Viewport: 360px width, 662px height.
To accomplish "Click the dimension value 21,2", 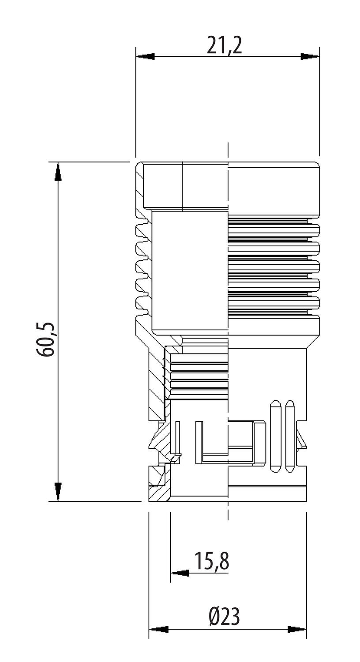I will (x=225, y=45).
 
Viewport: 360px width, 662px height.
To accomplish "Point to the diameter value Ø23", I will (x=225, y=617).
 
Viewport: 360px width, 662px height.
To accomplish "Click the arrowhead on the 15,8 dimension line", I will (x=180, y=573).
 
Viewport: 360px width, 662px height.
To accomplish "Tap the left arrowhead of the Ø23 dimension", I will (x=159, y=629).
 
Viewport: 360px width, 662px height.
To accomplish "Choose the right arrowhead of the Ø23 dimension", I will (x=296, y=629).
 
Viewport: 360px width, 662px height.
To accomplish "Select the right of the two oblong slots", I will (x=290, y=437).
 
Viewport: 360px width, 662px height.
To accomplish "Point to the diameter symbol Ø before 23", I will (x=214, y=617).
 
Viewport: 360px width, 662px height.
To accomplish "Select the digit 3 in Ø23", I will (x=235, y=617).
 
